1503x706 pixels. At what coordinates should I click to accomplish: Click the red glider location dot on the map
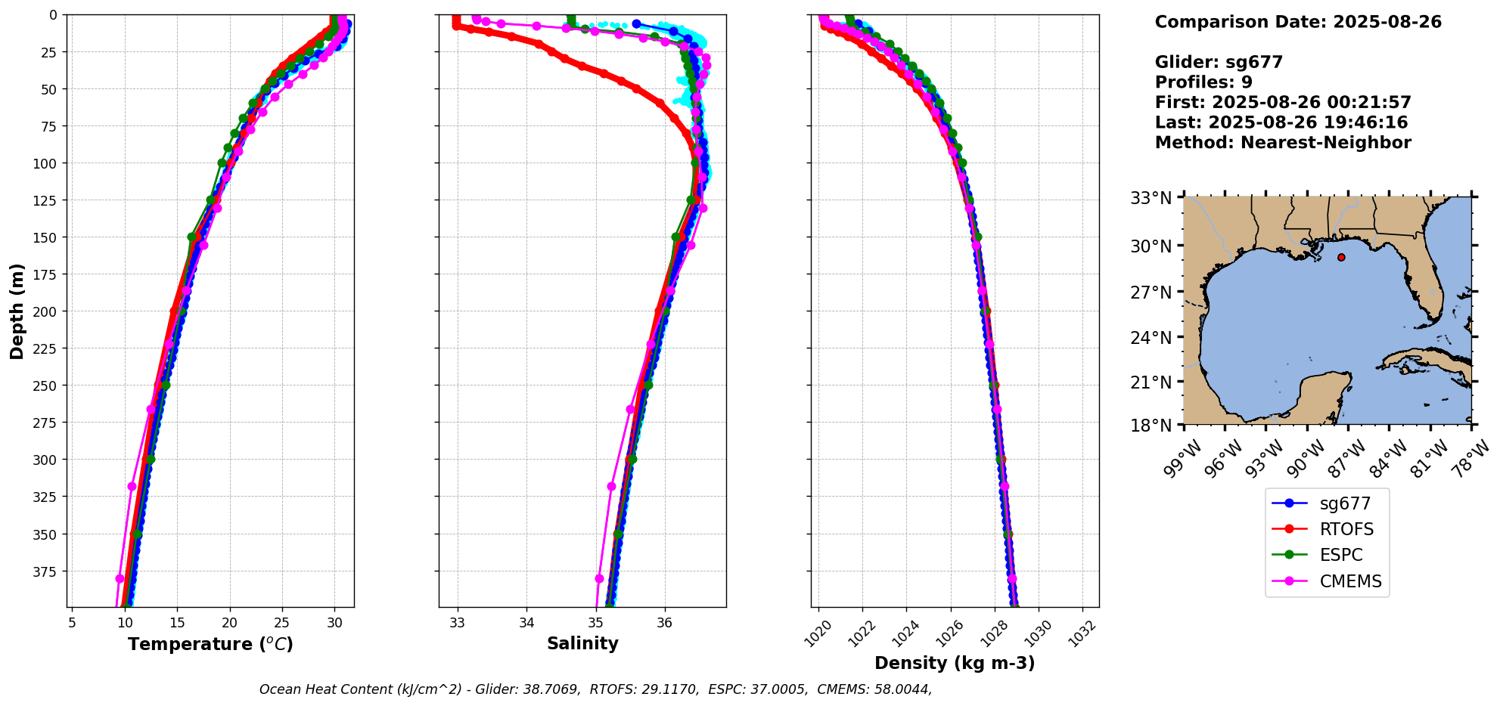pyautogui.click(x=1341, y=257)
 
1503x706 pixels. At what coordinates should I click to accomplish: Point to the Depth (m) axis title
pyautogui.click(x=17, y=311)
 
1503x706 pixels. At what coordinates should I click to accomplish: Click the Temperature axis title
pyautogui.click(x=210, y=644)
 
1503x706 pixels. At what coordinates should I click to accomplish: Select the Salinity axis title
pyautogui.click(x=582, y=643)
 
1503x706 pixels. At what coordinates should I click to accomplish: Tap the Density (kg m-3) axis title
pyautogui.click(x=955, y=663)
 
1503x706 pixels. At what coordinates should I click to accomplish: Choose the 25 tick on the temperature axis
pyautogui.click(x=281, y=623)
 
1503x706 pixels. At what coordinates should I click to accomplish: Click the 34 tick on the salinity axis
pyautogui.click(x=526, y=623)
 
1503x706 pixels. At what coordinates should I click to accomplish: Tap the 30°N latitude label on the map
pyautogui.click(x=1151, y=246)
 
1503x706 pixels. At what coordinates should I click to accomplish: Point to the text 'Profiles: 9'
pyautogui.click(x=1203, y=82)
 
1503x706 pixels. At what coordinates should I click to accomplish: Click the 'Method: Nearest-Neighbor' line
pyautogui.click(x=1283, y=143)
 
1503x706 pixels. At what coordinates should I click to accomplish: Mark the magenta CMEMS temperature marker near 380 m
pyautogui.click(x=120, y=578)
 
